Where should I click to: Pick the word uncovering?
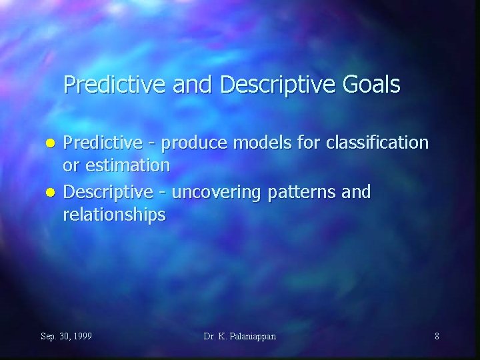pos(217,193)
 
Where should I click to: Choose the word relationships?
pos(113,215)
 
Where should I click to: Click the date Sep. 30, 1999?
pos(66,336)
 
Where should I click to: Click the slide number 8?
pos(437,336)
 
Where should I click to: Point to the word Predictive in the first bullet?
pos(101,143)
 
